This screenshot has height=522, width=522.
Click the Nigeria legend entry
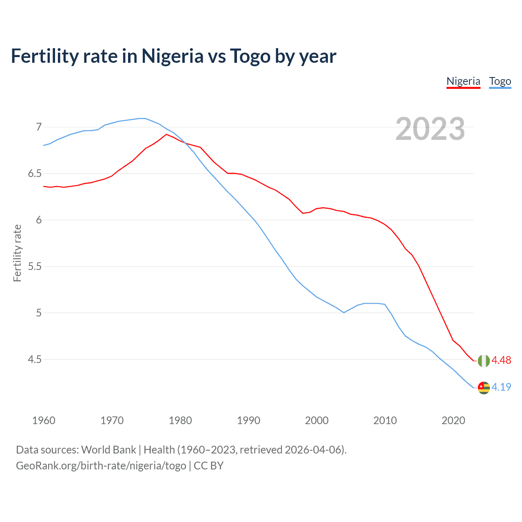click(x=463, y=81)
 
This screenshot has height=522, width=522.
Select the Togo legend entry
click(x=500, y=81)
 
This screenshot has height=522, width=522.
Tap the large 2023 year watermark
click(x=430, y=129)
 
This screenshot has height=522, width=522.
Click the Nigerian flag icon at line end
click(x=484, y=361)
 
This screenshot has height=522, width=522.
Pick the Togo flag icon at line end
click(x=484, y=387)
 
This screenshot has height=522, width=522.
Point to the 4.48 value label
click(x=501, y=360)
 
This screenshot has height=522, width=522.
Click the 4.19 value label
click(x=501, y=387)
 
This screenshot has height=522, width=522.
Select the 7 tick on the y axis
click(x=39, y=127)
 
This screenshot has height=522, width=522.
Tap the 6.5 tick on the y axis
click(x=35, y=173)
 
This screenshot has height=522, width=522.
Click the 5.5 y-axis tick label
click(x=35, y=266)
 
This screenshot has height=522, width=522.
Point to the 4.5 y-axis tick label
click(x=35, y=359)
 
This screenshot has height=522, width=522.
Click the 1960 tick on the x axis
click(x=44, y=420)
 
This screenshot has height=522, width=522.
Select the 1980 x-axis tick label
click(x=180, y=420)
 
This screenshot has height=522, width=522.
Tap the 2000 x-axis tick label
click(x=316, y=420)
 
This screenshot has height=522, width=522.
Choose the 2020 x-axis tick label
click(x=453, y=420)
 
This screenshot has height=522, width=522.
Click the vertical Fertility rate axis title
click(x=17, y=253)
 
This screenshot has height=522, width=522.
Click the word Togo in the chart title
click(x=250, y=56)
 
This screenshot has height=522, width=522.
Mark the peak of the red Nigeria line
click(x=166, y=134)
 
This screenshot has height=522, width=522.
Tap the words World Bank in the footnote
click(x=108, y=450)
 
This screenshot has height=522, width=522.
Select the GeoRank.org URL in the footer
click(x=101, y=466)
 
